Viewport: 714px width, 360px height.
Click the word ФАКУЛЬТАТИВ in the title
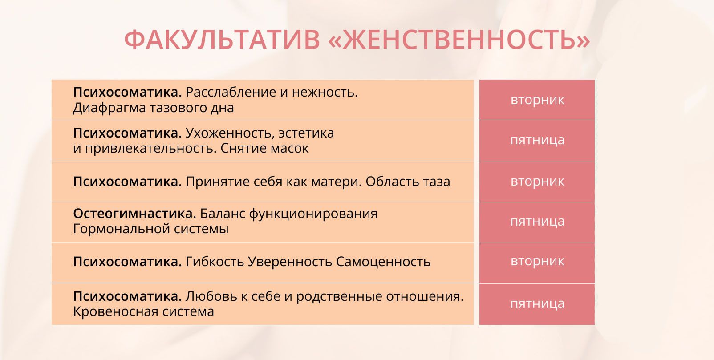(222, 40)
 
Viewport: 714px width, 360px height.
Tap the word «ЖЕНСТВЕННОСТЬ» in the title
(459, 40)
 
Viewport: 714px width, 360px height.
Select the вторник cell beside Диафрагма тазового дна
(537, 100)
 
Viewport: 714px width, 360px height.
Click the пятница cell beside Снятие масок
(537, 141)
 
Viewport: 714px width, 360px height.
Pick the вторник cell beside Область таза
(537, 182)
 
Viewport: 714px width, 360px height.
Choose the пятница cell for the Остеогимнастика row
(537, 222)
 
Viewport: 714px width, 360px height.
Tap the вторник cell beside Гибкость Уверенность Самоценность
(537, 263)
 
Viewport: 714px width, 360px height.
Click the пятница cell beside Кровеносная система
(537, 304)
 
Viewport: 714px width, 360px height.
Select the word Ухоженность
(230, 133)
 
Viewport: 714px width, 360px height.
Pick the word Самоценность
(383, 262)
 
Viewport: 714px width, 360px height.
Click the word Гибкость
(215, 262)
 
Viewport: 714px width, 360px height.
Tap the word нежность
(325, 92)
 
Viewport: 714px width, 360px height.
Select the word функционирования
(313, 214)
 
